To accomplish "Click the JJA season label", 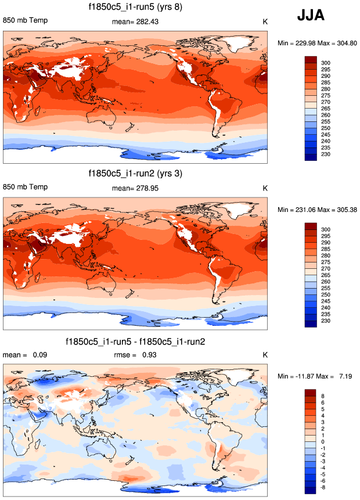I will [311, 16].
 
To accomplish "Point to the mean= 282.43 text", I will [135, 21].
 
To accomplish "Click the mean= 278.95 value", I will [135, 188].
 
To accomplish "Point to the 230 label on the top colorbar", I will [326, 154].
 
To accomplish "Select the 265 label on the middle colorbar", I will [326, 275].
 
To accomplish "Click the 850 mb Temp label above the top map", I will [26, 21].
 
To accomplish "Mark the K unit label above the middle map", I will [265, 188].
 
